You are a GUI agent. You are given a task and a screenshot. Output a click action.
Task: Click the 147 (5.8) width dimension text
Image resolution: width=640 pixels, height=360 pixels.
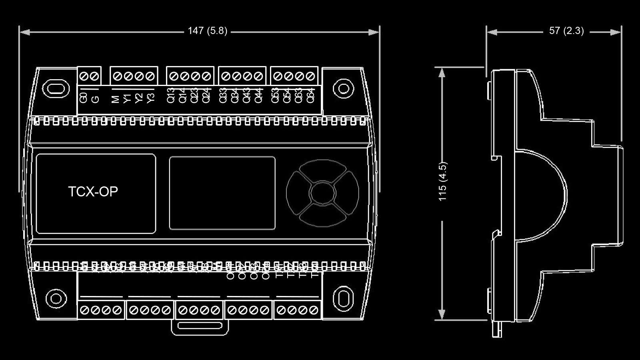tap(207, 31)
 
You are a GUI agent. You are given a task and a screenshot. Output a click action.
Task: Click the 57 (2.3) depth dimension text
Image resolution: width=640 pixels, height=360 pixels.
tap(566, 31)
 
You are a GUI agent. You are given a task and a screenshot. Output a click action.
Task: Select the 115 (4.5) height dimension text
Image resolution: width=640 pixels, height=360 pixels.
tap(442, 181)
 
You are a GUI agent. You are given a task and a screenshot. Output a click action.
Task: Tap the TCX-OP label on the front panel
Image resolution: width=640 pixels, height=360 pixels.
tap(93, 192)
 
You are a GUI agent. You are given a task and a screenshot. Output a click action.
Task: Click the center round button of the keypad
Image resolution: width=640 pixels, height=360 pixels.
tap(322, 193)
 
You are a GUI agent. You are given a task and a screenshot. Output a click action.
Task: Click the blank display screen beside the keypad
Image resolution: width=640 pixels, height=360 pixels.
tap(222, 193)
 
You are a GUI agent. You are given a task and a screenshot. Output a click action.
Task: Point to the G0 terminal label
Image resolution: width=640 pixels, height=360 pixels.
tap(84, 98)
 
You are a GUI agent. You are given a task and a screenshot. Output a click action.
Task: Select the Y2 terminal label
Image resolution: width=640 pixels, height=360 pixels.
tap(139, 98)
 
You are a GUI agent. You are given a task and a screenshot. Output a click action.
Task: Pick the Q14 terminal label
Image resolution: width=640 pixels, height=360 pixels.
tap(182, 96)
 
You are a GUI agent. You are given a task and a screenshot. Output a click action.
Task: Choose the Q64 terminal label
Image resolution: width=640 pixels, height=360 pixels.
tap(310, 96)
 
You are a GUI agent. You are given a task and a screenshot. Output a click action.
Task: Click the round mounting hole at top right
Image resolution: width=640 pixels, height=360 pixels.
tap(343, 88)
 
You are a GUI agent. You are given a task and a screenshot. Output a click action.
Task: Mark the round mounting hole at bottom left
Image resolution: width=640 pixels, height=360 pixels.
tap(56, 298)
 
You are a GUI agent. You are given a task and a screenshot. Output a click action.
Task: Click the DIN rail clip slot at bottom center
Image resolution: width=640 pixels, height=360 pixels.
tap(200, 326)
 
